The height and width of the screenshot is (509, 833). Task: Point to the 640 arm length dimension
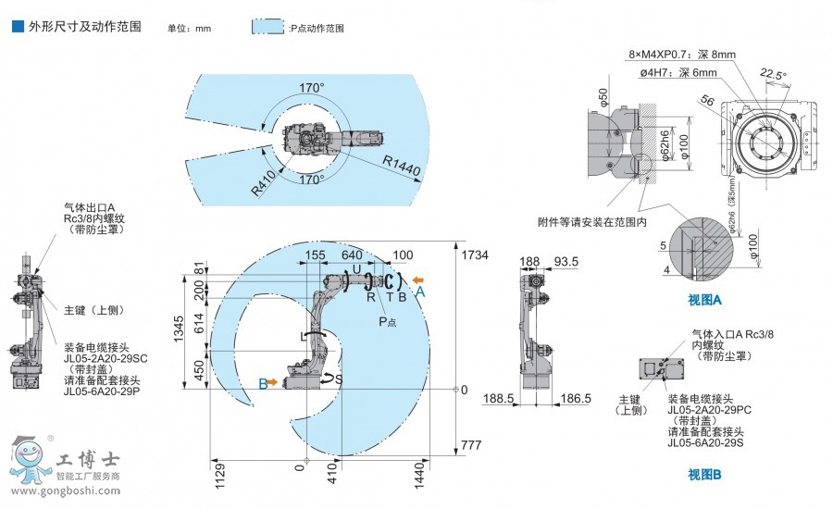pyautogui.click(x=352, y=255)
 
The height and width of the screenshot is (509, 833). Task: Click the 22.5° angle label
pyautogui.click(x=773, y=75)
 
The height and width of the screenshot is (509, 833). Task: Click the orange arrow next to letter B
pyautogui.click(x=273, y=380)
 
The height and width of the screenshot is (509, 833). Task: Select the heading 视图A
pyautogui.click(x=704, y=300)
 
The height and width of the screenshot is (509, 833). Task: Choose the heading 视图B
pyautogui.click(x=704, y=475)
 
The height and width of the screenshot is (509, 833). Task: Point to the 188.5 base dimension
pyautogui.click(x=500, y=398)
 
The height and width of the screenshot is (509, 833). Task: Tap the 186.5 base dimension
pyautogui.click(x=575, y=398)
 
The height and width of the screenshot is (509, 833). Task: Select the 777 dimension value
pyautogui.click(x=471, y=446)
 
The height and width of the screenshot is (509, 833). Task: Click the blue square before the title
pyautogui.click(x=17, y=27)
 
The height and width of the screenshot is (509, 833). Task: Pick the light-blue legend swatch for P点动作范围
pyautogui.click(x=267, y=27)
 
